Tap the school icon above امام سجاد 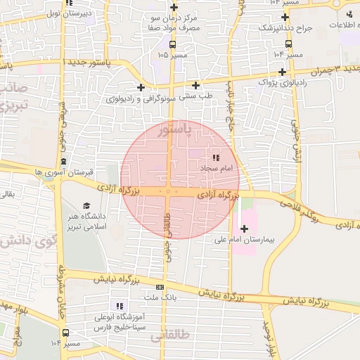click(x=216, y=157)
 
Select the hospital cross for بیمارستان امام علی click(x=244, y=229)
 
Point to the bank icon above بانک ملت click(x=160, y=287)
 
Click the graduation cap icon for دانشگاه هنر click(x=86, y=206)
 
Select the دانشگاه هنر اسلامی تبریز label click(x=84, y=221)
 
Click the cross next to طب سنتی click(x=195, y=85)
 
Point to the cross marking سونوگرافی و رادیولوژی click(x=141, y=87)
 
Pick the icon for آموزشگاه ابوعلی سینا click(x=120, y=306)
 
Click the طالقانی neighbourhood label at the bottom click(x=170, y=337)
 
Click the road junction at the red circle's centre click(x=169, y=191)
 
